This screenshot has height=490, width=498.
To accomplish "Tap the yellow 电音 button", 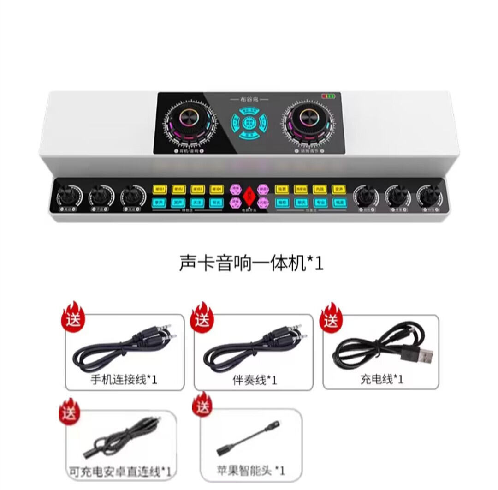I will [x=281, y=189].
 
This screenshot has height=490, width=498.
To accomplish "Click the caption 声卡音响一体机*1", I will [x=251, y=264].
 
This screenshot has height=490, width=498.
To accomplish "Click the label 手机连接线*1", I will [x=125, y=380].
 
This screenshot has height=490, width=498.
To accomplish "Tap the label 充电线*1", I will [x=381, y=379].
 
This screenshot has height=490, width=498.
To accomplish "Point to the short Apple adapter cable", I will [x=249, y=439].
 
